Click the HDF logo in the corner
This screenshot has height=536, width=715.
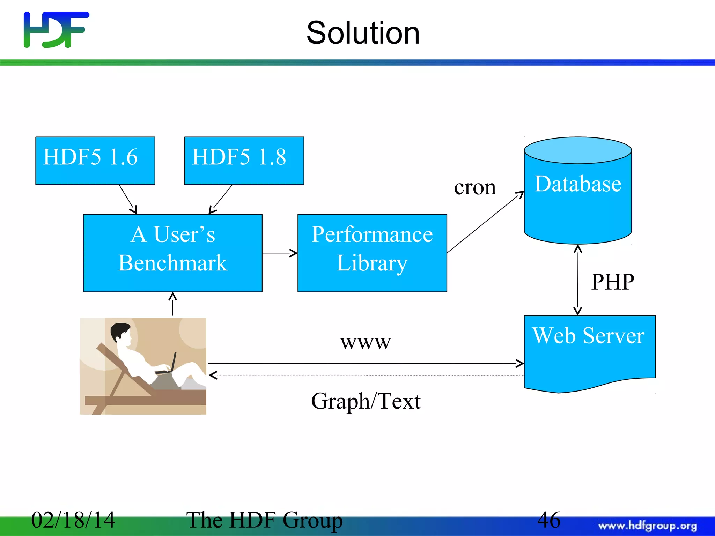click(56, 30)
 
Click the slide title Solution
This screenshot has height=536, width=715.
click(363, 33)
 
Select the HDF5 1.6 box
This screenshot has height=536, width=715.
click(95, 161)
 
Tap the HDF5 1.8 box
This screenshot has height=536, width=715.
click(244, 161)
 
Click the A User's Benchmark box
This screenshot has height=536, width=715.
click(172, 253)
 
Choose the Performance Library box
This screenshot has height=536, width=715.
click(372, 253)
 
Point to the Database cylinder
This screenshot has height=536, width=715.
click(578, 195)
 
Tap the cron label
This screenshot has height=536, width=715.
click(475, 188)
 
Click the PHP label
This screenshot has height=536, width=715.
click(612, 282)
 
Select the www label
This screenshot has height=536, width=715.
click(365, 342)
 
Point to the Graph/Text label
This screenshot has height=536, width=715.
click(366, 401)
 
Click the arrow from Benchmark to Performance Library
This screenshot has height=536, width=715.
click(279, 253)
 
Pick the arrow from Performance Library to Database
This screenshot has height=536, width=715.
click(485, 222)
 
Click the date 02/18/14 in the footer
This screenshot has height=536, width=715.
click(73, 520)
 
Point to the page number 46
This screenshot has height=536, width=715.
click(548, 520)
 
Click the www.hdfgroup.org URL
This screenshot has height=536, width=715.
click(648, 526)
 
